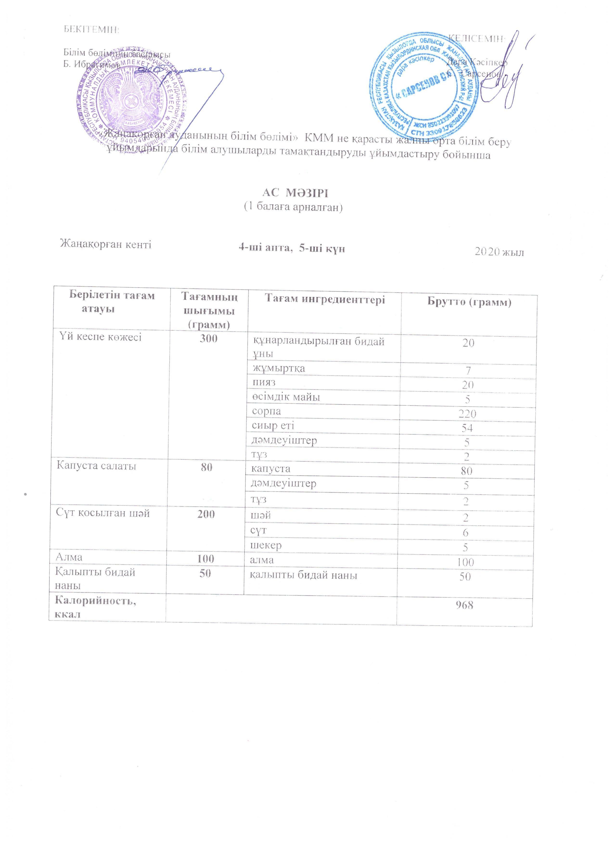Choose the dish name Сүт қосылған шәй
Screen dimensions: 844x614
(103, 514)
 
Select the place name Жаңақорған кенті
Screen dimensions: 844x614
(106, 245)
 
